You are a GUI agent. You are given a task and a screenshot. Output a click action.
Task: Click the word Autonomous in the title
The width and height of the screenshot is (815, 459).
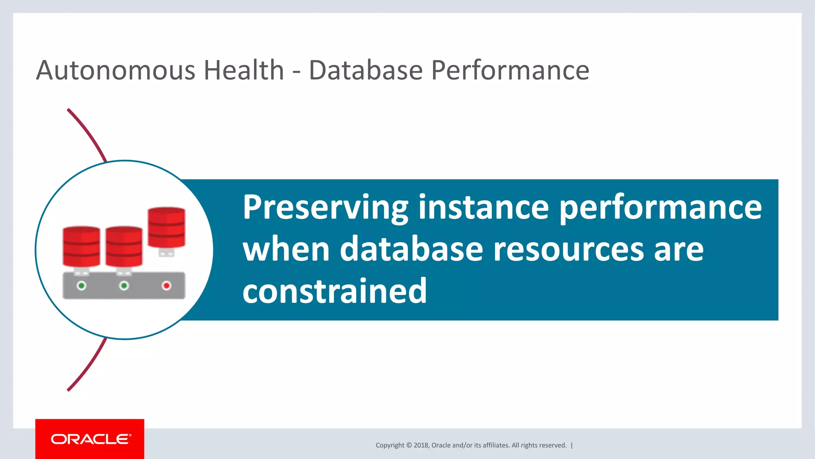tap(115, 70)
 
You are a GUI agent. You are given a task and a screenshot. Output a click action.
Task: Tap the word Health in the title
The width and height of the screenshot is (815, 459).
tap(244, 70)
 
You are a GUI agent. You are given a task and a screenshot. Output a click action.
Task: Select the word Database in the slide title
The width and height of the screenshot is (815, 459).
tap(365, 70)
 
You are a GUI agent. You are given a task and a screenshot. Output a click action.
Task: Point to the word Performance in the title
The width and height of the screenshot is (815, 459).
tap(510, 70)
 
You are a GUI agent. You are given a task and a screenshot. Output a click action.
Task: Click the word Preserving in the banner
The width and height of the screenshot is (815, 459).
tap(325, 208)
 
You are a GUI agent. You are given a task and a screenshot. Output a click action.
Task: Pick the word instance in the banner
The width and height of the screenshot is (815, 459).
tap(483, 207)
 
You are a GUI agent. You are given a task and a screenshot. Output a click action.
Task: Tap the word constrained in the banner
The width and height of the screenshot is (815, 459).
tap(334, 291)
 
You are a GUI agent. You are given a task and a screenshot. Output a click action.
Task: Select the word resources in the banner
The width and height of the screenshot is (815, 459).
tap(568, 249)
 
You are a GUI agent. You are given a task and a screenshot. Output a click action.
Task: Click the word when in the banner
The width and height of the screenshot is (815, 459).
tap(286, 249)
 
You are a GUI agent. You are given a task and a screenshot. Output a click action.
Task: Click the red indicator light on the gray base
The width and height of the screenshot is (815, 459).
tap(166, 286)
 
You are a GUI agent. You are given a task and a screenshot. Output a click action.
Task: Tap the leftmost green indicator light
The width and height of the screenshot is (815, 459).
tap(82, 286)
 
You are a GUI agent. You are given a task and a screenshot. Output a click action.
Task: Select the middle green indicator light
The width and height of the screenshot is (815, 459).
tap(124, 286)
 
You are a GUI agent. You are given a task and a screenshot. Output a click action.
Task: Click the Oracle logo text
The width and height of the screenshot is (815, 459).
tap(90, 439)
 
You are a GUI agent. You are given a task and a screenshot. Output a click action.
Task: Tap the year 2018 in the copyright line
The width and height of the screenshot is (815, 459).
tap(421, 445)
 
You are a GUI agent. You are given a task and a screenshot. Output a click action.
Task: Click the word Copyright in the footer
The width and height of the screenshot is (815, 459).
tap(390, 445)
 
